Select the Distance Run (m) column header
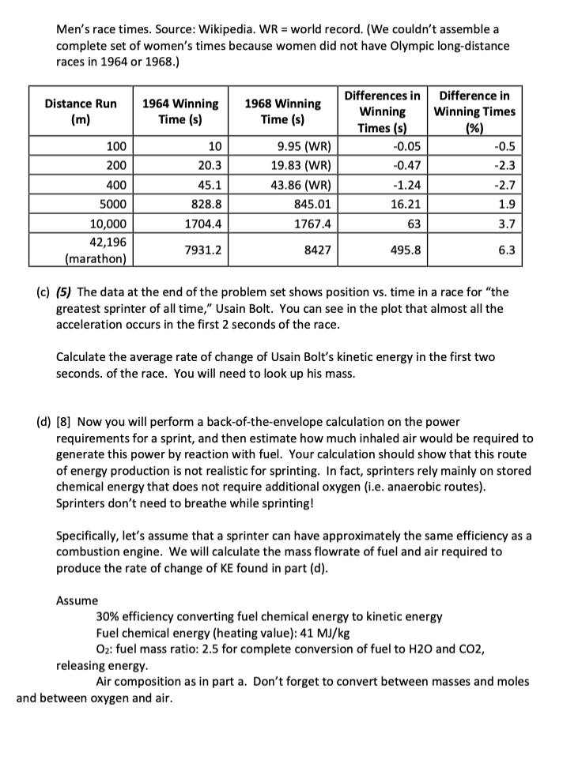81,111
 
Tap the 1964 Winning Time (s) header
179,111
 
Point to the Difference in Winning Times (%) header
475,111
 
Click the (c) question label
44,293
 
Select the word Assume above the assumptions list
77,600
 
